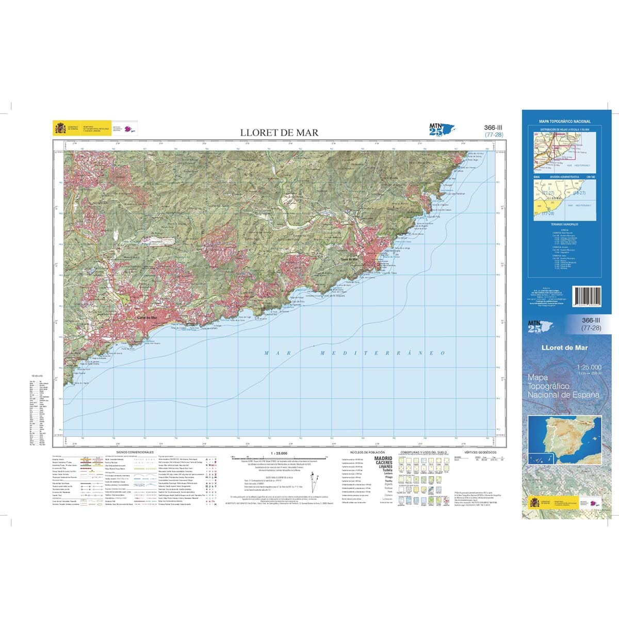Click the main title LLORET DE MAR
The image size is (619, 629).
(x=279, y=133)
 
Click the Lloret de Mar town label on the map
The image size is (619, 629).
(x=147, y=318)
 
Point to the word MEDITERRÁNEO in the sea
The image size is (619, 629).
(x=382, y=353)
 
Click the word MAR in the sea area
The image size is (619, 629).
(x=274, y=353)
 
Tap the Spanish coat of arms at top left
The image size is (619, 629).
(x=59, y=128)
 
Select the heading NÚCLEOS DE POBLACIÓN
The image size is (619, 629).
(x=367, y=452)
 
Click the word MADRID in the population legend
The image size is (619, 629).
(x=383, y=458)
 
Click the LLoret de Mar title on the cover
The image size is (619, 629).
(x=565, y=347)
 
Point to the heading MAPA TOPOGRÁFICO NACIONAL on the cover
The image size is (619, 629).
(x=565, y=121)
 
